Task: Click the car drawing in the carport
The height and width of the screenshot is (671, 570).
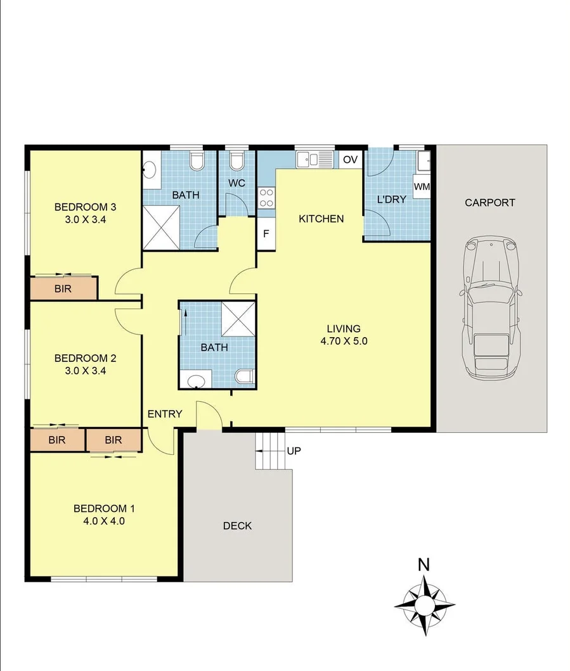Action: (491, 309)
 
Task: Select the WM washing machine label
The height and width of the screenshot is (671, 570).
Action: (422, 187)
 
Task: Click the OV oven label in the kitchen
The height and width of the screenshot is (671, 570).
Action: (350, 160)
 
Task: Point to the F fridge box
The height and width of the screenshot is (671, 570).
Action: (266, 233)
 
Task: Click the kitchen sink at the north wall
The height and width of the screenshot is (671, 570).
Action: (313, 158)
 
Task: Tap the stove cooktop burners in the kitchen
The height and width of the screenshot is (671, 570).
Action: (266, 198)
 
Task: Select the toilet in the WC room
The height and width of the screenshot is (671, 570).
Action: (236, 161)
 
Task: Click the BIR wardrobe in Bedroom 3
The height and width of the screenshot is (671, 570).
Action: (63, 289)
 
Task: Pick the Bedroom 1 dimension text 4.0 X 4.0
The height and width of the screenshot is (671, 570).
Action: (105, 521)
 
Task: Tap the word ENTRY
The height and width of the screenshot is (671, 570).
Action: (165, 414)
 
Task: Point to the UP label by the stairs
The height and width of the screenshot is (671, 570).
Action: (294, 451)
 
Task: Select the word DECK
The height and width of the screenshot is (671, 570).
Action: (237, 526)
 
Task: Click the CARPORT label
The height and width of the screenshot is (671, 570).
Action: (489, 203)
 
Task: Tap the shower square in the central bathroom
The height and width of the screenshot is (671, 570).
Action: (238, 319)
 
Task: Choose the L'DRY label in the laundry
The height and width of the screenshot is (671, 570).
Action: (392, 199)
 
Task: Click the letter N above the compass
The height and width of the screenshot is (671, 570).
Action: (424, 565)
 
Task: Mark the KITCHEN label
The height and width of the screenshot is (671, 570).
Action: (321, 219)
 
